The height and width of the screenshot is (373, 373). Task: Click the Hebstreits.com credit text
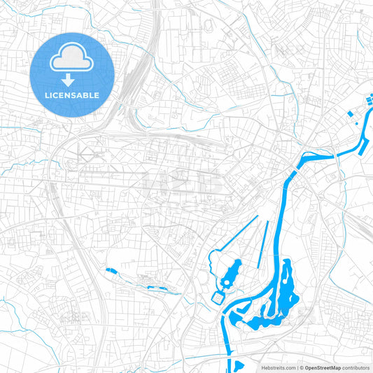(x=279, y=367)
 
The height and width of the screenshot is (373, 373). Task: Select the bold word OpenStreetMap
(x=322, y=367)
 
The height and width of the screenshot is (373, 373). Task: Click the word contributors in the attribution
(x=356, y=367)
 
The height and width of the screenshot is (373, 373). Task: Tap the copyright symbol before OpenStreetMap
(x=300, y=367)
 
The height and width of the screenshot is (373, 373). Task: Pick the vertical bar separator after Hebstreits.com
(x=296, y=367)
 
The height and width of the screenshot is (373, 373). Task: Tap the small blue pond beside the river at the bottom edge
(x=239, y=365)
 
